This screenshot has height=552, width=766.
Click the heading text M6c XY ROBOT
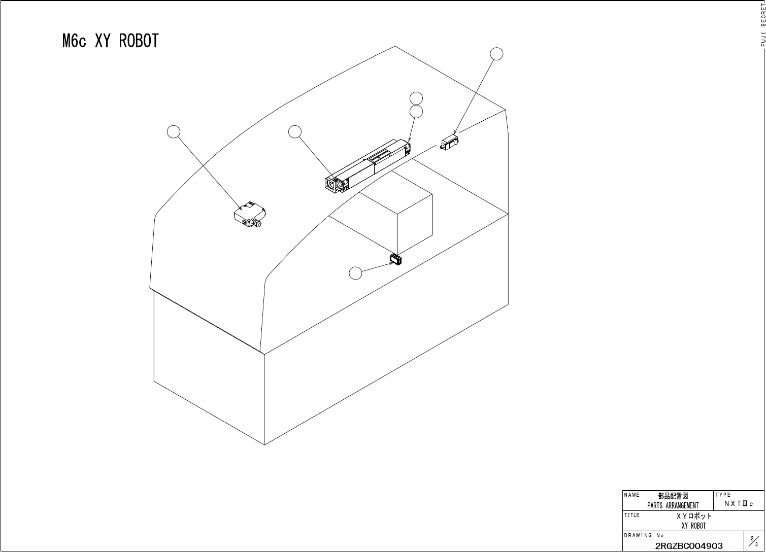coord(111,41)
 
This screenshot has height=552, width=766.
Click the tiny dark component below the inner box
coord(395,260)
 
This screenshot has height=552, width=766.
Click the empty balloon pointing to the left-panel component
coord(174,131)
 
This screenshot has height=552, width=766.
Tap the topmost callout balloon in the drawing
coord(497,53)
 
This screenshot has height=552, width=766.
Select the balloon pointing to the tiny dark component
coord(356,273)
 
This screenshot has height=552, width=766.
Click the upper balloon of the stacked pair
coord(416,98)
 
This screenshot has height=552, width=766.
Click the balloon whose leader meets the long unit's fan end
coord(294,131)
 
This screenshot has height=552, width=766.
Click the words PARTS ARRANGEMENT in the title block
coord(673,505)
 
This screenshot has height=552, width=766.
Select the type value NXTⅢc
coord(739,503)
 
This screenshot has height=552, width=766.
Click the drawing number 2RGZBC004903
coord(689,546)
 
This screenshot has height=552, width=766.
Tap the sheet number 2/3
coord(754,541)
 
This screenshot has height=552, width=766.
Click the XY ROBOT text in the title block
coord(693,526)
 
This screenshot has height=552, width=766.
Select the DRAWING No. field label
coord(645,535)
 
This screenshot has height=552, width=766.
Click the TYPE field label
coord(723,495)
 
